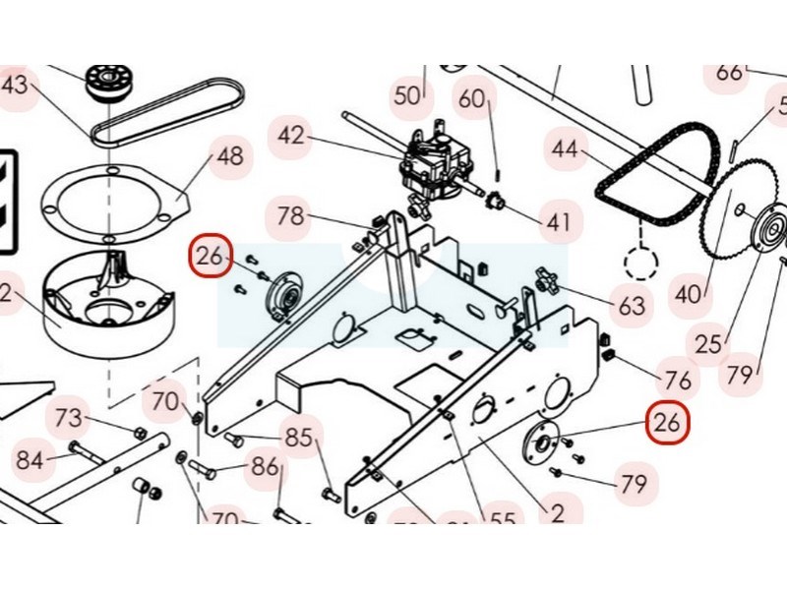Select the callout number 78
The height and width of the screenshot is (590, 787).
(291, 215)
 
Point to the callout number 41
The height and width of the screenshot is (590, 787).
(558, 222)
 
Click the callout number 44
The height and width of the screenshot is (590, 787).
(564, 150)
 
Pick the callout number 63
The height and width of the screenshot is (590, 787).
(632, 307)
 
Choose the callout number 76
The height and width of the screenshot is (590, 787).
(679, 379)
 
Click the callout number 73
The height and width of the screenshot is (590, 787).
(68, 417)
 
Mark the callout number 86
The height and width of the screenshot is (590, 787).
(265, 466)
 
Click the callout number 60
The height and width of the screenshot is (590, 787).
(473, 98)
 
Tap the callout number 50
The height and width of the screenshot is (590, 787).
(407, 95)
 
